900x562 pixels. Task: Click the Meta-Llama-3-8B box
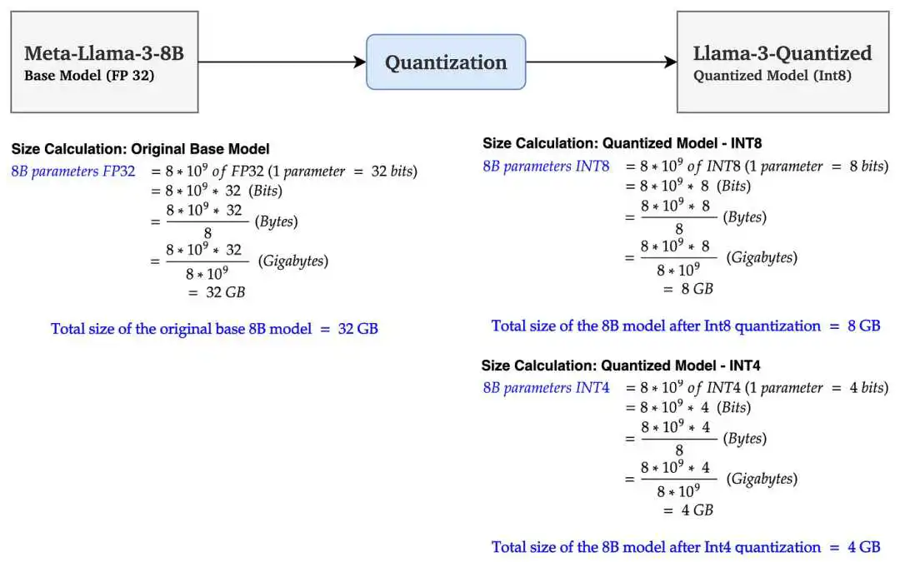tap(104, 62)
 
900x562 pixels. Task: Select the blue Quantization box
tap(446, 62)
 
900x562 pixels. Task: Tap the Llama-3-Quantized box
tap(782, 62)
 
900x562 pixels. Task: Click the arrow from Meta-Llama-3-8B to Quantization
tap(282, 62)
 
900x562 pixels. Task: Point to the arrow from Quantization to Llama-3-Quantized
tap(602, 62)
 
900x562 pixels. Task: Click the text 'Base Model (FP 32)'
tap(89, 76)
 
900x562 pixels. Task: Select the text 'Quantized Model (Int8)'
tap(772, 76)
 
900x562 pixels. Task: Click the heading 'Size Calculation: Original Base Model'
tap(140, 149)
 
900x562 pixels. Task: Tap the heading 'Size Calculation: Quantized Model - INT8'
tap(622, 143)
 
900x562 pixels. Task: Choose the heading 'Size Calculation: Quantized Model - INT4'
tap(621, 366)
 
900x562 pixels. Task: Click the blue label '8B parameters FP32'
tap(72, 172)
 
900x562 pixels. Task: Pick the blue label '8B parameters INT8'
tap(546, 167)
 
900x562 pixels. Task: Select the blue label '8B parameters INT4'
tap(546, 388)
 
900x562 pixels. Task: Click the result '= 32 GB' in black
tap(217, 292)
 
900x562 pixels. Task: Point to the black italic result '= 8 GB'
tap(688, 289)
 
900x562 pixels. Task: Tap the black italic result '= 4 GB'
tap(688, 510)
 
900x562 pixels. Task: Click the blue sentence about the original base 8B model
tap(215, 329)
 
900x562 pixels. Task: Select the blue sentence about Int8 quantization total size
tap(686, 326)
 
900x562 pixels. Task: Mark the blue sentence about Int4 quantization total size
tap(686, 547)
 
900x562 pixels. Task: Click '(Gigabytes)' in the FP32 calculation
tap(293, 261)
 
